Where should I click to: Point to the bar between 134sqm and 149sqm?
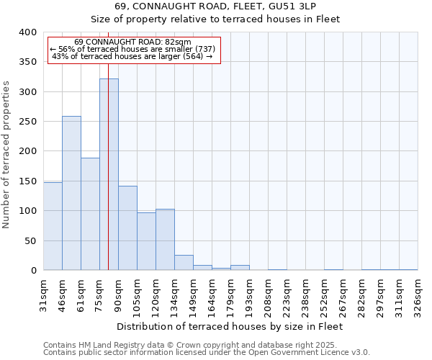(x=184, y=263)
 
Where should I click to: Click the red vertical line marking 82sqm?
(x=108, y=144)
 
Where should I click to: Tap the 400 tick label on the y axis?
(x=27, y=32)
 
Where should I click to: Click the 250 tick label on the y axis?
(x=27, y=122)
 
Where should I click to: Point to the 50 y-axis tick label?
(x=30, y=241)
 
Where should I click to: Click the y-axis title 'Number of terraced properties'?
(x=7, y=154)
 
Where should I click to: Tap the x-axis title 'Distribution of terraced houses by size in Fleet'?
(x=229, y=326)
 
